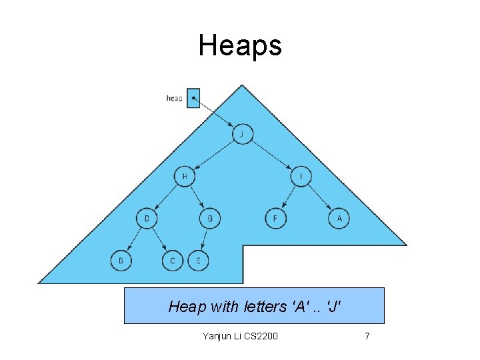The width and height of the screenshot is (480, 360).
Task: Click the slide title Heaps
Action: pyautogui.click(x=240, y=46)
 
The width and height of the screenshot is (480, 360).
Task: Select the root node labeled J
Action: pyautogui.click(x=242, y=135)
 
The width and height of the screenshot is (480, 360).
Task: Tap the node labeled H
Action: pyautogui.click(x=184, y=176)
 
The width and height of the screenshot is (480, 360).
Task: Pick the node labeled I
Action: pyautogui.click(x=301, y=176)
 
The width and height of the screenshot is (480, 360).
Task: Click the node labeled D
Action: pyautogui.click(x=147, y=218)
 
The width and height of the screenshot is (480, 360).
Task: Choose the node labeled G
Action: pyautogui.click(x=210, y=218)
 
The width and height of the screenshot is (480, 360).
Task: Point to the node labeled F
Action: pyautogui.click(x=275, y=218)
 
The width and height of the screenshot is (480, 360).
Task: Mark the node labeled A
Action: pyautogui.click(x=339, y=218)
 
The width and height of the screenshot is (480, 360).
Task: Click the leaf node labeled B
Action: pyautogui.click(x=121, y=261)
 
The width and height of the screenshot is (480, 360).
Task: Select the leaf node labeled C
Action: pyautogui.click(x=172, y=261)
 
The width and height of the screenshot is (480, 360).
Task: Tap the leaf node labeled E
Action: pyautogui.click(x=198, y=261)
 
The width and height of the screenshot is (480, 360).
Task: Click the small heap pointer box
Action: pyautogui.click(x=193, y=98)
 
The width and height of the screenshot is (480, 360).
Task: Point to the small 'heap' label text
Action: pyautogui.click(x=174, y=99)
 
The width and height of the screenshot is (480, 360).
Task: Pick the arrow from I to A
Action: pyautogui.click(x=320, y=197)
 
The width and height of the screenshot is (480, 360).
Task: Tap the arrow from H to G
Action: pyautogui.click(x=197, y=197)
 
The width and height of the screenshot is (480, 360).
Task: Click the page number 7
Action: pyautogui.click(x=367, y=336)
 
